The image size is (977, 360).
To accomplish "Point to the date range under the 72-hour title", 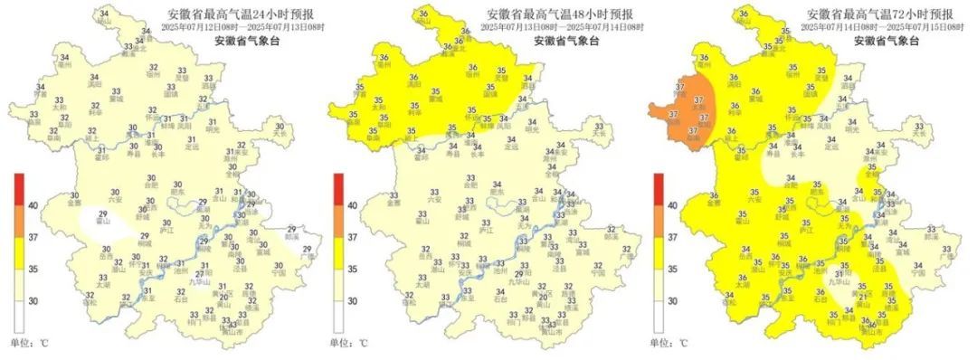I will click(880, 28).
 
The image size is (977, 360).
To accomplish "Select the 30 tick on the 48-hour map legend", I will click(354, 301).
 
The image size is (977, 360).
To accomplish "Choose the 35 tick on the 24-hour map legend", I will click(33, 269).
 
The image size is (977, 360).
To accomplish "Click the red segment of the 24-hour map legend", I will click(18, 190).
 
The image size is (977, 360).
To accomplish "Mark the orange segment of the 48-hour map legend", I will click(338, 222).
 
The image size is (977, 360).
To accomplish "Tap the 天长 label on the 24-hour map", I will click(283, 134).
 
